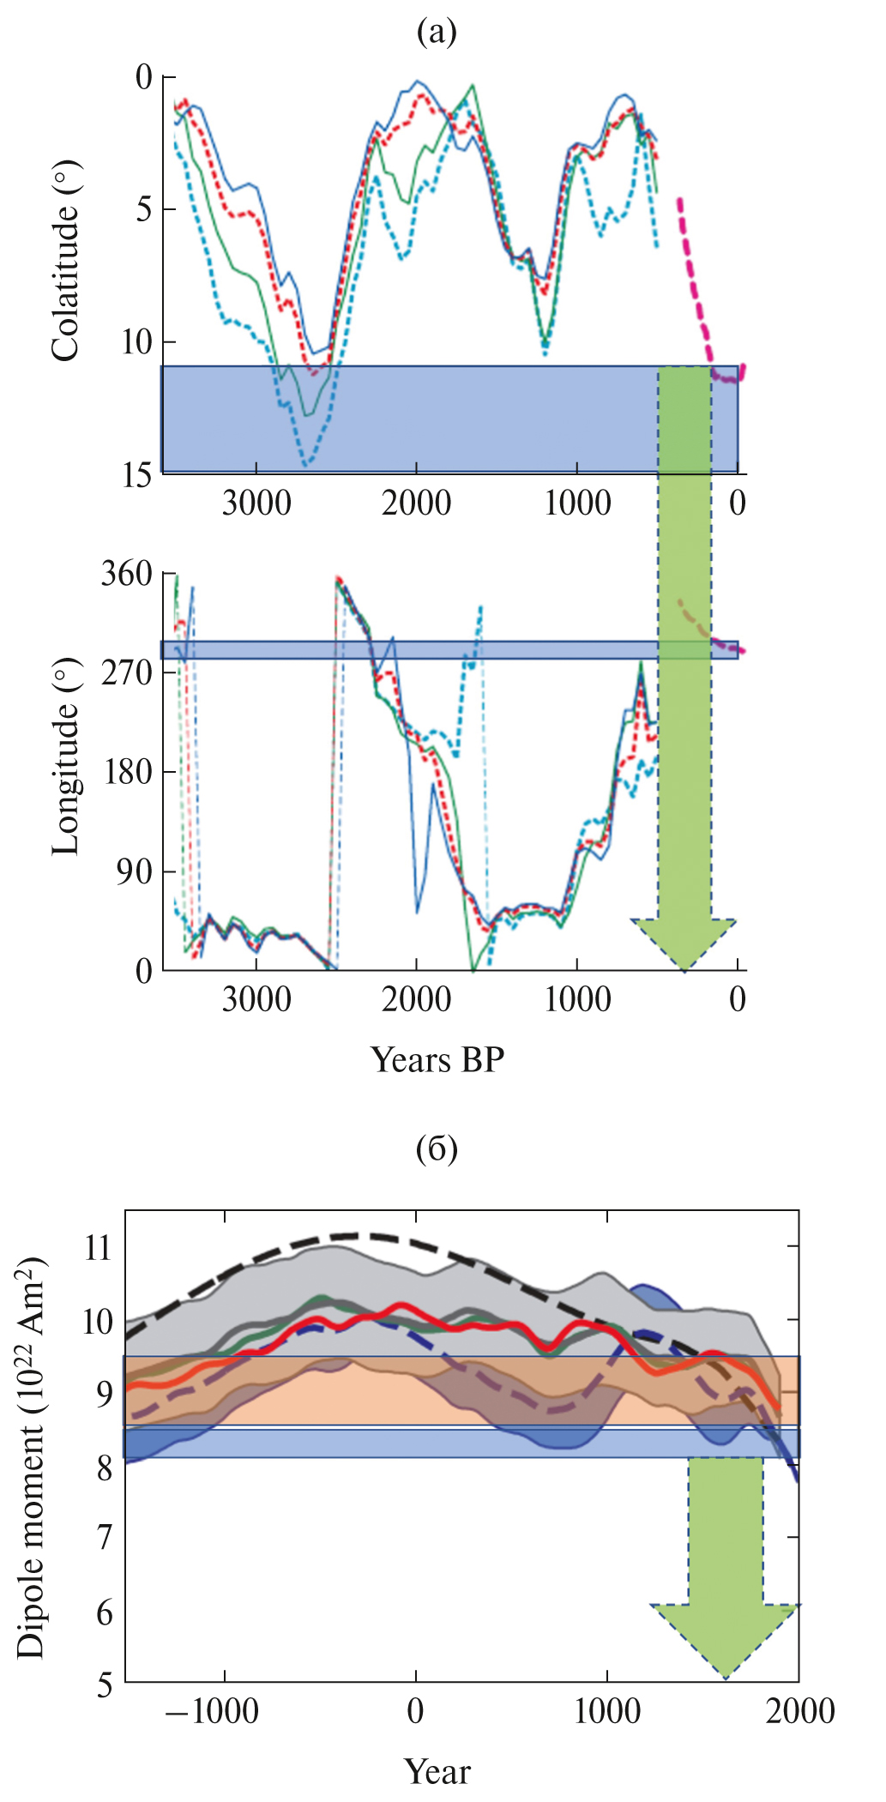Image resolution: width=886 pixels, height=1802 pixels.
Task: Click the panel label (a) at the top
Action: pos(436,33)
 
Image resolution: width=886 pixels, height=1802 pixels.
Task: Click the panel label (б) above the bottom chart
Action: pos(437,1148)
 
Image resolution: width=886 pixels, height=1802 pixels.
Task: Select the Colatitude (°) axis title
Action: pos(66,261)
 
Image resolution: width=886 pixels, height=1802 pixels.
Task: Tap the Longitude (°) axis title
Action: pos(66,757)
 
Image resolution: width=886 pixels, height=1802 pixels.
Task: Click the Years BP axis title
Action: pos(437,1060)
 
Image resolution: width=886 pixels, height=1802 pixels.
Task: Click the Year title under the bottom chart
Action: pos(437,1771)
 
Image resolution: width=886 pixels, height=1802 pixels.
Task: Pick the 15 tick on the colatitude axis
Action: pos(137,475)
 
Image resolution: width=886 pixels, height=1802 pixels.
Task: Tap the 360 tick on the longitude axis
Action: pos(126,574)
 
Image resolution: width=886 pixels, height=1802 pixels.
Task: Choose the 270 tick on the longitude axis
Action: pos(126,673)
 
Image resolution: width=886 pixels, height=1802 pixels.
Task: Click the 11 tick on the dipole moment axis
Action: pos(99,1247)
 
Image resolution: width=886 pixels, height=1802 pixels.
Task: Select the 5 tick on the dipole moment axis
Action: pos(104,1684)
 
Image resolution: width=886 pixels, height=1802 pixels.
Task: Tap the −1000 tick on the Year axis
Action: pos(212,1712)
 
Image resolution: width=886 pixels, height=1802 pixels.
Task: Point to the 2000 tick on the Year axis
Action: pos(799,1712)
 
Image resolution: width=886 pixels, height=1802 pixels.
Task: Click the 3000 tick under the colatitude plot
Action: pos(256,503)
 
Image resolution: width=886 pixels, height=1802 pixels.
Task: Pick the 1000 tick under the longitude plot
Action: pos(578,1000)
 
